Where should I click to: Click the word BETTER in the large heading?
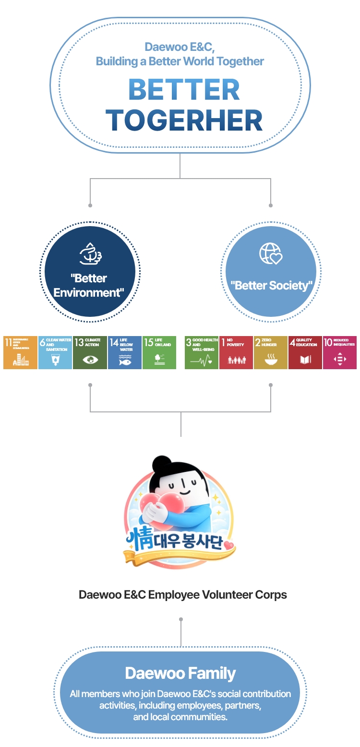(x=184, y=90)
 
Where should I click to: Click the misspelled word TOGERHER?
(x=184, y=120)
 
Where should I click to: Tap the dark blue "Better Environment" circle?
(x=90, y=272)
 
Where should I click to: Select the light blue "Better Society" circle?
(x=271, y=272)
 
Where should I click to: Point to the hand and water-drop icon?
(x=90, y=254)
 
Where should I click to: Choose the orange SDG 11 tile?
(x=20, y=352)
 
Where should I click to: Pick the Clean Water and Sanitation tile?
(x=55, y=352)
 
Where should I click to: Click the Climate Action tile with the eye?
(x=90, y=352)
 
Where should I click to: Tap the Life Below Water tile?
(x=125, y=352)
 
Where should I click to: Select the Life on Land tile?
(x=159, y=352)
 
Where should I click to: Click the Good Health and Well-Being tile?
(x=202, y=352)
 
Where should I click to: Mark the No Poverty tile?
(x=236, y=352)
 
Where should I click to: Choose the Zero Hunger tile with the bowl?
(x=271, y=352)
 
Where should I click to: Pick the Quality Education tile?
(x=305, y=352)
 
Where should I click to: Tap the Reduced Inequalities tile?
(x=340, y=352)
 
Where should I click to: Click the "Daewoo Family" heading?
(x=180, y=673)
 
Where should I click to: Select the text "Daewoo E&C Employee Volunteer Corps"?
(x=183, y=595)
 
